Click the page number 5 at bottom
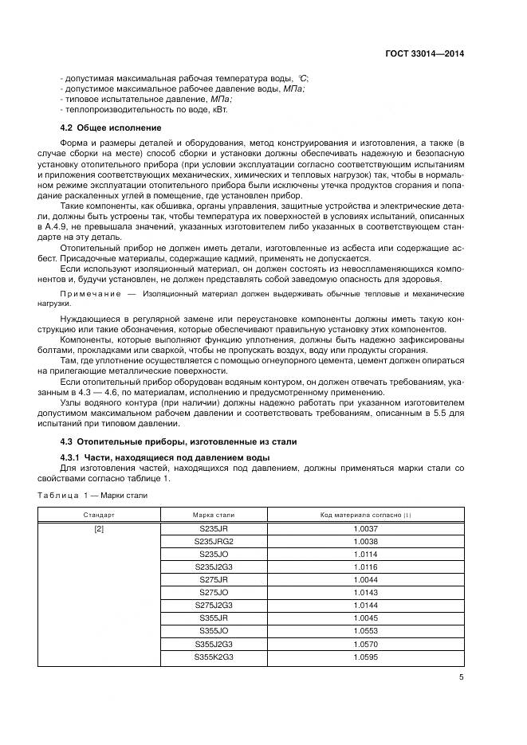(461, 678)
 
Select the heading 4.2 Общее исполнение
(111, 128)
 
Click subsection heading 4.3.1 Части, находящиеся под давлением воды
(165, 457)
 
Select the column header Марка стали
(214, 516)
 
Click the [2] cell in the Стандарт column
(99, 529)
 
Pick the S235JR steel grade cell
(214, 529)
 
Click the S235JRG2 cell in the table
(214, 541)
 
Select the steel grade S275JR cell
(214, 579)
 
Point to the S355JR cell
(214, 618)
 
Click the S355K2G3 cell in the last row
(214, 656)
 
